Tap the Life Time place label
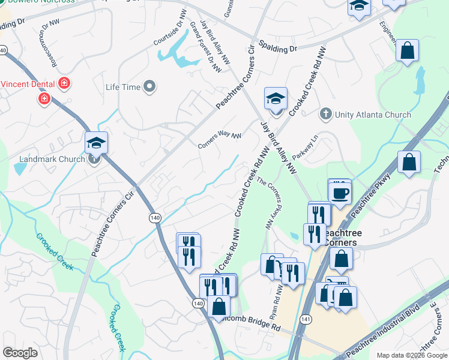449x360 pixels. point(123,88)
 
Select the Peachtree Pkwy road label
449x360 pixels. point(370,196)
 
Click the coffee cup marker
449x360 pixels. point(340,193)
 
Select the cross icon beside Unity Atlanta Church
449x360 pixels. point(325,114)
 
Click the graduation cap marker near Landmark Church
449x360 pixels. point(96,143)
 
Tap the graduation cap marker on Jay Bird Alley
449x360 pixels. point(276,98)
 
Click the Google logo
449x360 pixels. point(20,353)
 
